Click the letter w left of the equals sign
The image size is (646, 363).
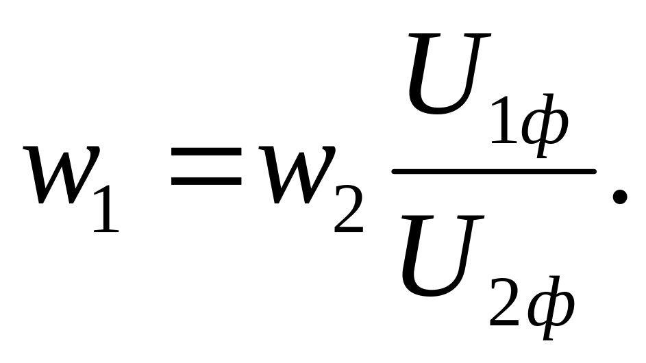coord(62,175)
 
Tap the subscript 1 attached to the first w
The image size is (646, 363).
coord(106,209)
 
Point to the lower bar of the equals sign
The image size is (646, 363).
coord(206,180)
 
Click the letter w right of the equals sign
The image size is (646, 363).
coord(297,175)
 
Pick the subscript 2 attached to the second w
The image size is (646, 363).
coord(349,209)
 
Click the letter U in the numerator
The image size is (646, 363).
coord(449,73)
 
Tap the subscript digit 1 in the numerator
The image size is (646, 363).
coord(504,119)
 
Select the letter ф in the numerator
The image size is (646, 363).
coord(545,125)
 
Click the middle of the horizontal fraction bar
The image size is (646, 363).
coord(494,171)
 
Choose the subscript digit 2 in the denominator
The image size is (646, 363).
coord(504,303)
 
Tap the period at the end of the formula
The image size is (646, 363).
coord(620,197)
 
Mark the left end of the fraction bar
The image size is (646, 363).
coord(393,171)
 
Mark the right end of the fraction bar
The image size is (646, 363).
coord(595,171)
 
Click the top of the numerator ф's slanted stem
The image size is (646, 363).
coord(551,95)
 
